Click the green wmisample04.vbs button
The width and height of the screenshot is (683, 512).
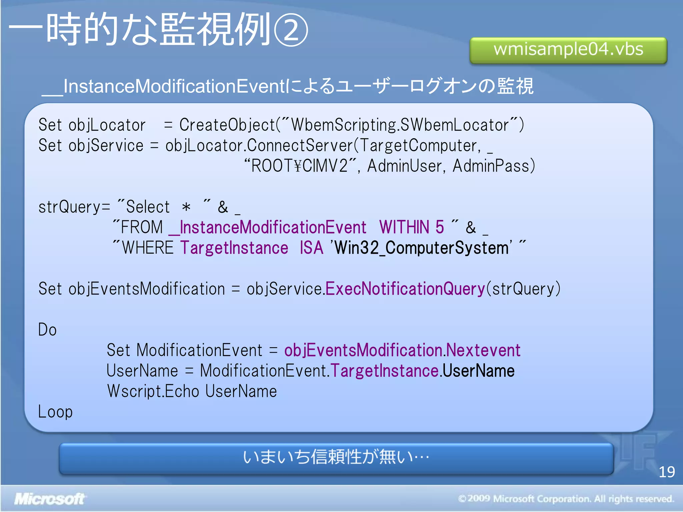coord(568,50)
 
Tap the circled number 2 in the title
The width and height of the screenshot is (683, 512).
coord(291,30)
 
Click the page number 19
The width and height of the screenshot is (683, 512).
coord(666,472)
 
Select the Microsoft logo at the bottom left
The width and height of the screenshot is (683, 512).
coord(49,499)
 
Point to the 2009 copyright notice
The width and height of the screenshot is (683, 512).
coord(566,499)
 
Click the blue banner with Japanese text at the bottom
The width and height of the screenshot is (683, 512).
coord(336,458)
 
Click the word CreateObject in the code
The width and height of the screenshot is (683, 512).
coord(227,125)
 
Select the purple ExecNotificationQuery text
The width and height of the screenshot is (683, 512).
coord(405,289)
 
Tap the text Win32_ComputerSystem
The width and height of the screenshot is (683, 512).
coord(422,248)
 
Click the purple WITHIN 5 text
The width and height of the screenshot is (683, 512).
coord(412,227)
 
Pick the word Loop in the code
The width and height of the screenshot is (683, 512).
coord(55,412)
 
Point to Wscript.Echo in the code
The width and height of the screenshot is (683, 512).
coord(153,391)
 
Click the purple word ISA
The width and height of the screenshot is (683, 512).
coord(311,248)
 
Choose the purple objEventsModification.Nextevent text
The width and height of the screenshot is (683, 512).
coord(402,350)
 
